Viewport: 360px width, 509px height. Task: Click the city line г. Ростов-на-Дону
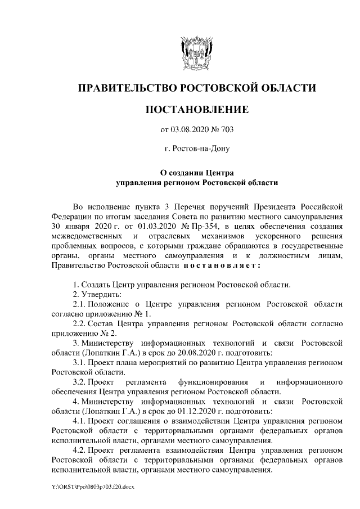(x=196, y=150)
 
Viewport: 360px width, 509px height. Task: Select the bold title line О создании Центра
(x=196, y=173)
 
